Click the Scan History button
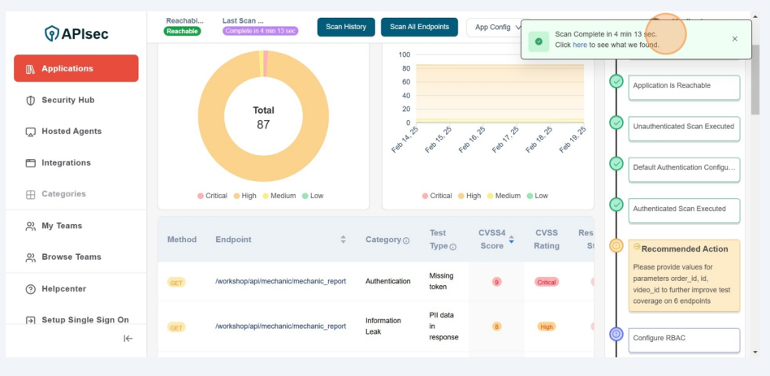(x=346, y=27)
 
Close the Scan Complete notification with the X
(x=735, y=39)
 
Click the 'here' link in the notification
(x=580, y=45)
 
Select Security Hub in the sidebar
(x=68, y=100)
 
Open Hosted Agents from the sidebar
(x=71, y=132)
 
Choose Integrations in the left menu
(x=66, y=163)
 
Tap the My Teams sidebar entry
(x=62, y=226)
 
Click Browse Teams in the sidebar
(x=71, y=257)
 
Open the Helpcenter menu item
(x=63, y=289)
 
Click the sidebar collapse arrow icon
(x=128, y=339)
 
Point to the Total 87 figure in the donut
(x=263, y=118)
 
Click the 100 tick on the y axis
(x=404, y=55)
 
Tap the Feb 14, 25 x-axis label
(x=404, y=140)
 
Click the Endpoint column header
(x=233, y=240)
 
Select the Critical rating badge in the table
(x=547, y=282)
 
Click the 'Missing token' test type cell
(x=441, y=281)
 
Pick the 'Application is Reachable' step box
(x=684, y=86)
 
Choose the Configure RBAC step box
(x=684, y=339)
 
